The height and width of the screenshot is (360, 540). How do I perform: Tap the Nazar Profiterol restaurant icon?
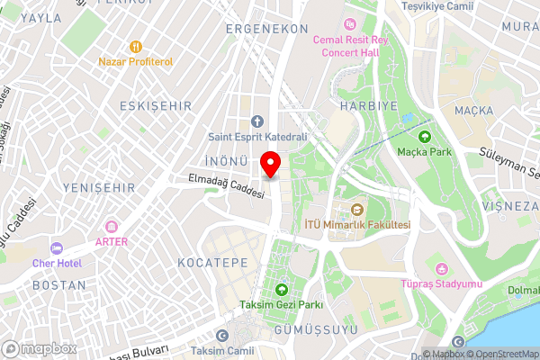pos(136,46)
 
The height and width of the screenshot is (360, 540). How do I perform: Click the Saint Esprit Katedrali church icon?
pos(256,121)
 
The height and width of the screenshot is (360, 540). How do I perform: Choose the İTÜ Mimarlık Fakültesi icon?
pos(355,209)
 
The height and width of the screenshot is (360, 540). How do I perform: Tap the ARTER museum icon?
pos(112,227)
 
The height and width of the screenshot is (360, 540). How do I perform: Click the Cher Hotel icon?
pos(56,248)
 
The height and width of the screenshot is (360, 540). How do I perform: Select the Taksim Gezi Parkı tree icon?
pos(281,290)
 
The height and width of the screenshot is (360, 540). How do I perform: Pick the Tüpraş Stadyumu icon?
pos(441,270)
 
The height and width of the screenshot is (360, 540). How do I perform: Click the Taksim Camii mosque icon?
pos(223,336)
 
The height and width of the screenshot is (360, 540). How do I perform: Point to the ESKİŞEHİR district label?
pos(156,106)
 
